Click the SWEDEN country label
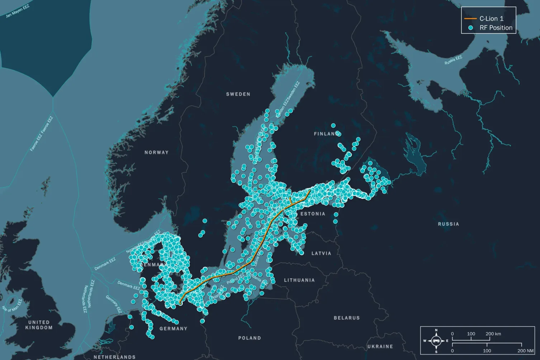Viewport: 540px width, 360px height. click(238, 94)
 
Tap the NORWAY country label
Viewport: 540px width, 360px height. click(156, 152)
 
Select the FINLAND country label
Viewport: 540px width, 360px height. click(326, 134)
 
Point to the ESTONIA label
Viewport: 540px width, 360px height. click(313, 214)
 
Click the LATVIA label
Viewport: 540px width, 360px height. click(321, 253)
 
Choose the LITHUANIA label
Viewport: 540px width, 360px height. click(299, 280)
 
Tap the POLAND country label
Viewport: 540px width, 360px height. click(250, 338)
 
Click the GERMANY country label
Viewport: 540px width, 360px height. click(174, 328)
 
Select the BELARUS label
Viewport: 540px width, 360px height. click(347, 318)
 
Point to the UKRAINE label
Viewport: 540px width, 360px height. click(380, 346)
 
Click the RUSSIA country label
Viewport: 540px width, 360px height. click(448, 224)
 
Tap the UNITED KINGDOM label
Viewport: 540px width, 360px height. click(39, 325)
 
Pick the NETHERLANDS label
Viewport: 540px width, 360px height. click(115, 357)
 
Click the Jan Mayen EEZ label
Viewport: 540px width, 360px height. click(18, 11)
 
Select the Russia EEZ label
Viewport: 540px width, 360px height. click(453, 60)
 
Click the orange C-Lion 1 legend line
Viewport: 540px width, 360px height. click(470, 19)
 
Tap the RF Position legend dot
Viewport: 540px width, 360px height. click(470, 28)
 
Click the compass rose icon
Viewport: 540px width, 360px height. click(436, 341)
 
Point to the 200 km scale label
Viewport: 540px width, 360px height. click(493, 334)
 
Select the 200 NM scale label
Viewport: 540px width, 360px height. click(525, 351)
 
